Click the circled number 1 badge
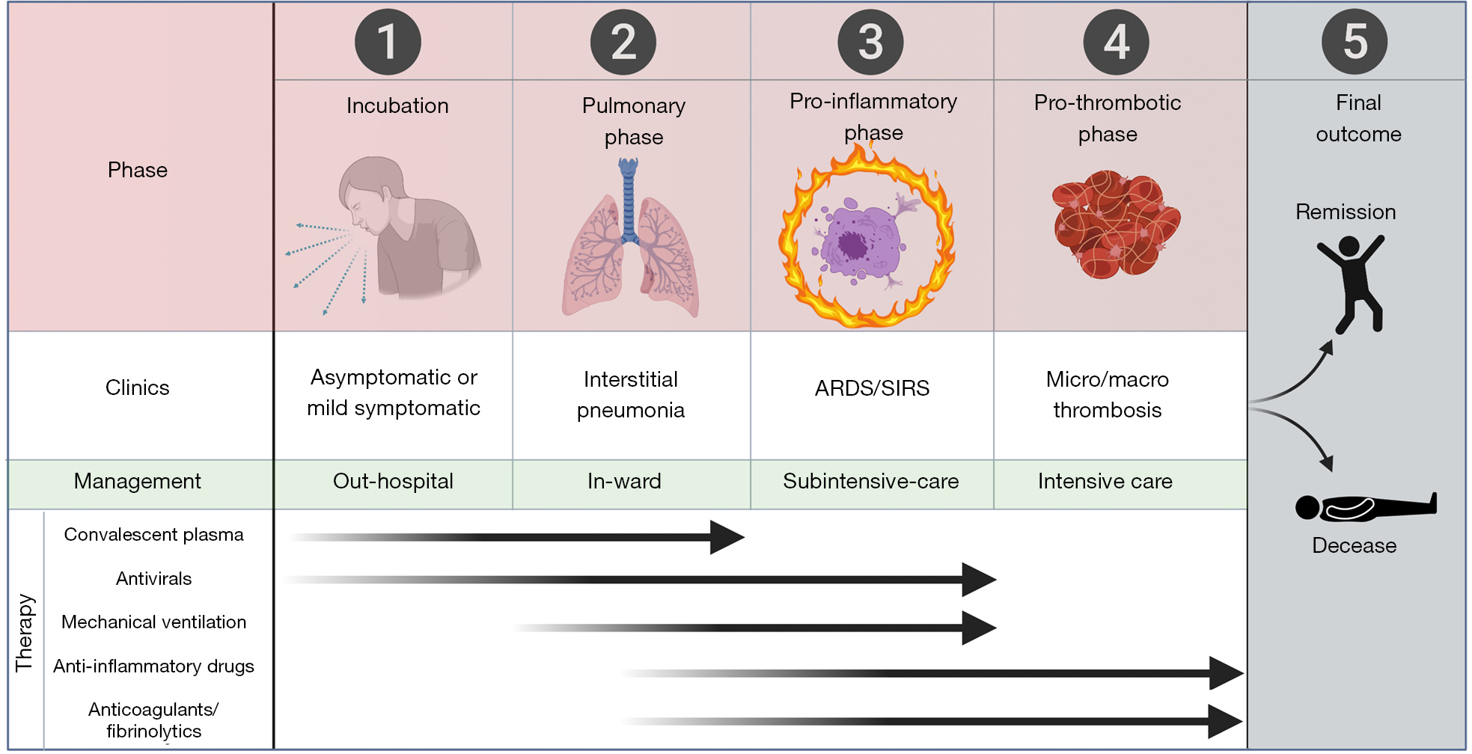tap(388, 42)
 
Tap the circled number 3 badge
tap(870, 42)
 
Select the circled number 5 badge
tap(1355, 42)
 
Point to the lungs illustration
tap(630, 247)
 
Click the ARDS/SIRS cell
tap(872, 388)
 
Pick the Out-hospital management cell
tap(393, 481)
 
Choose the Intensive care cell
tap(1105, 481)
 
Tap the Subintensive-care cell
tap(870, 481)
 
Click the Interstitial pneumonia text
tap(631, 394)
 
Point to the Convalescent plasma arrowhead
tap(726, 537)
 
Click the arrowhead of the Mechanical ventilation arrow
tap(978, 628)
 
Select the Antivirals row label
tap(153, 578)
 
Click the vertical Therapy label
tap(25, 632)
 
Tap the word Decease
tap(1354, 545)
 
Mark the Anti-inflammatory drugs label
tap(153, 666)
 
